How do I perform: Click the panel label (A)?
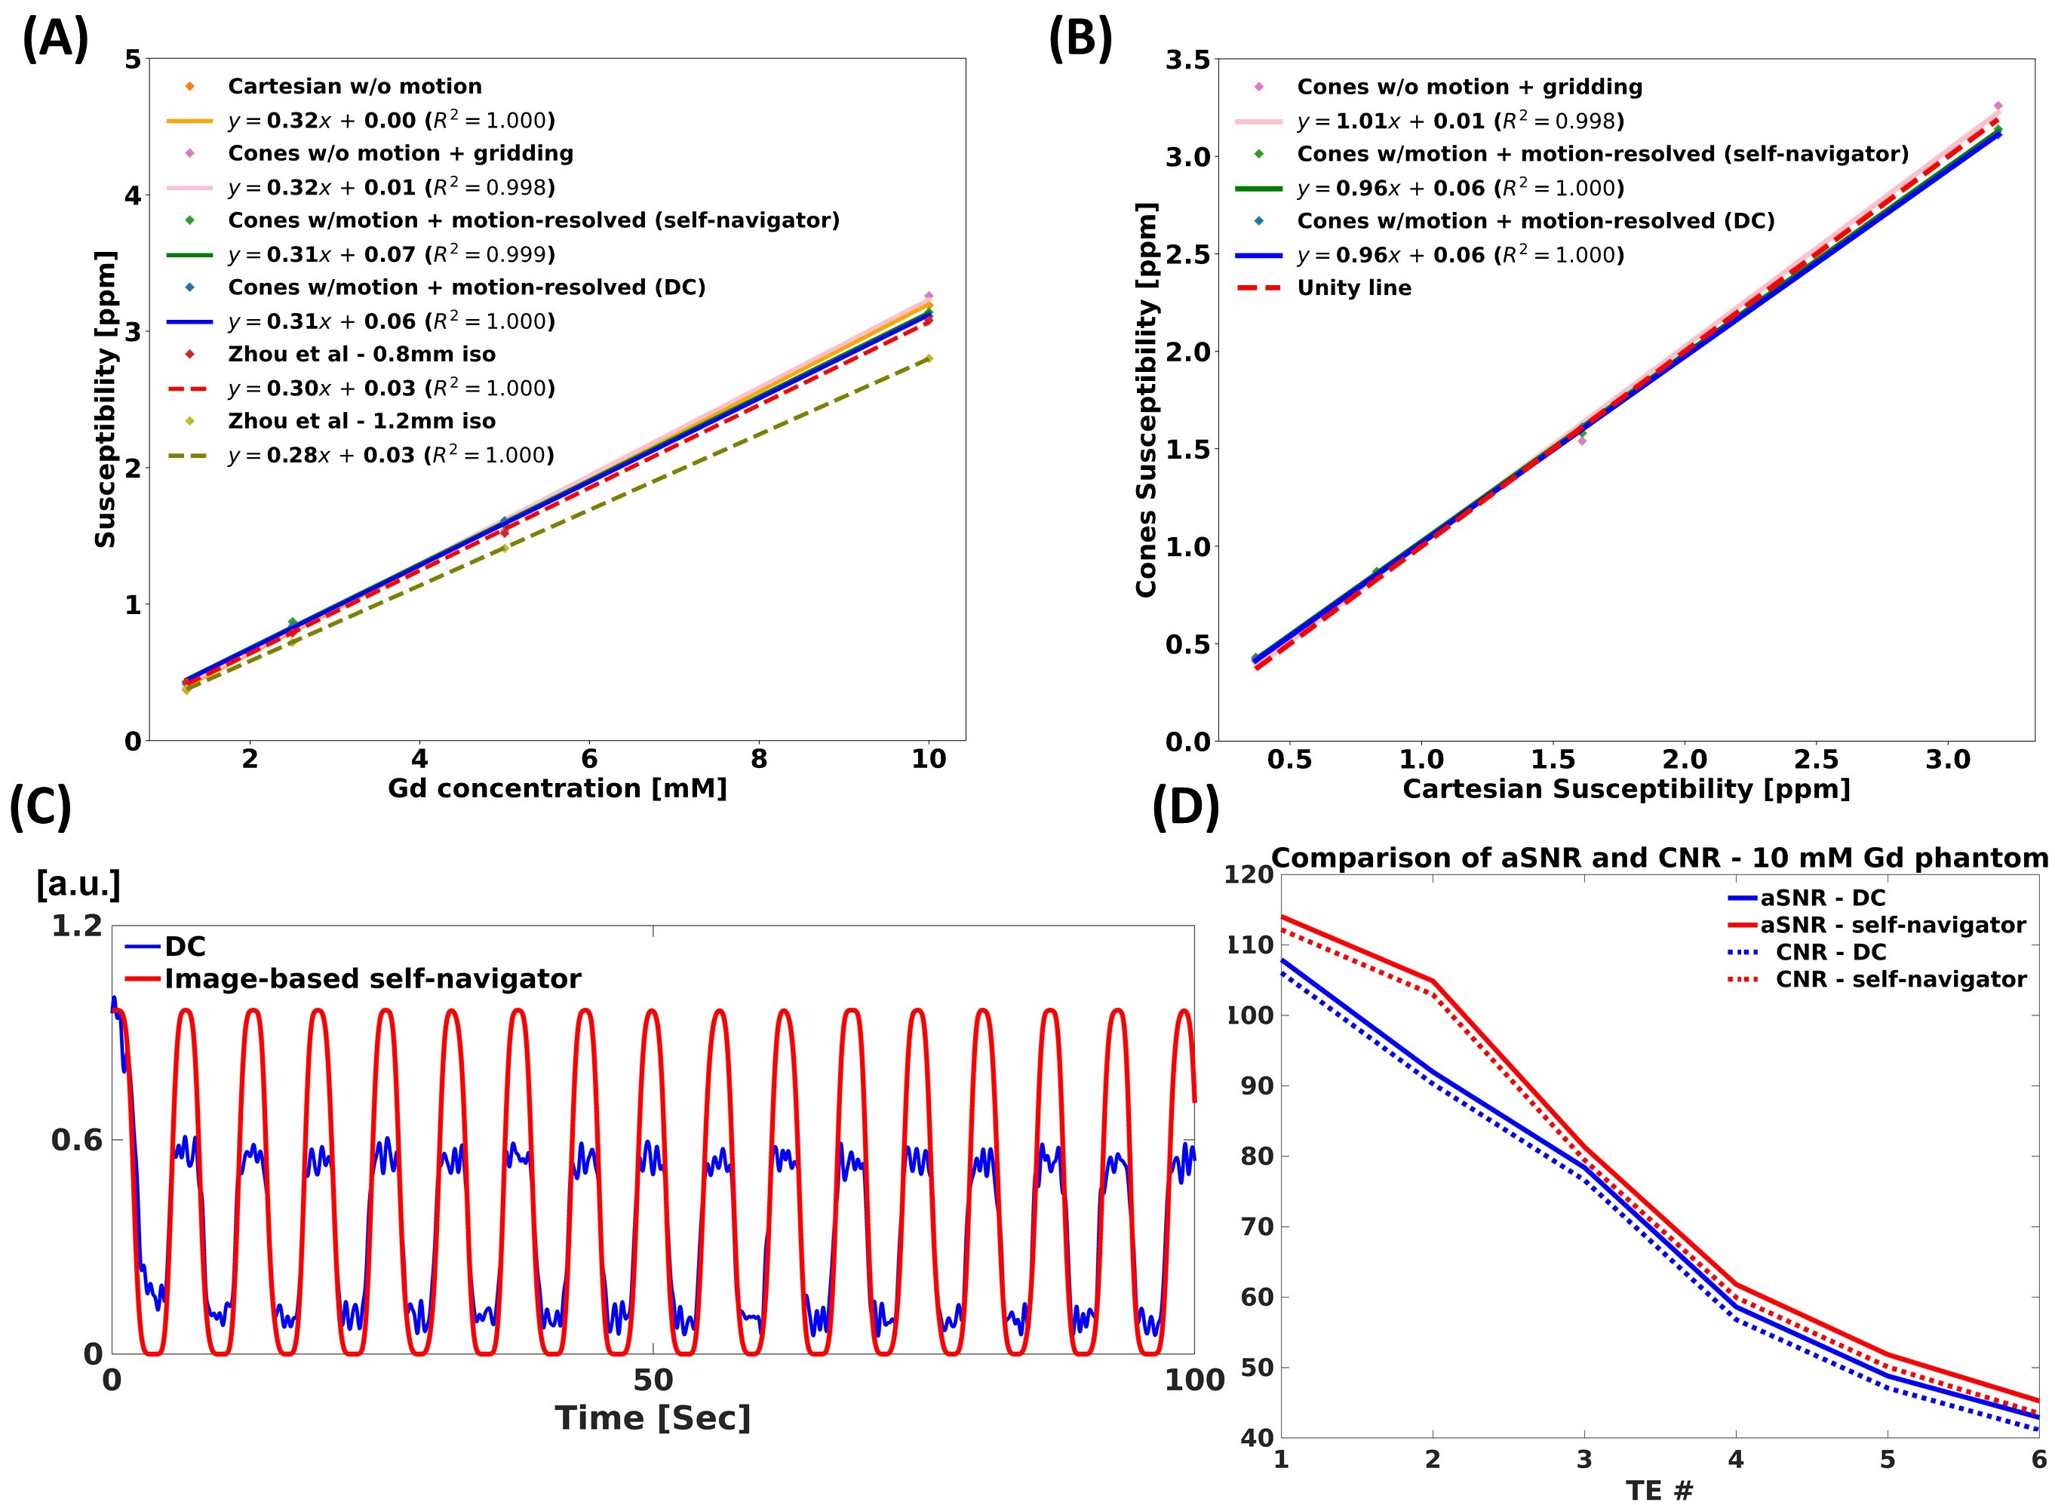[54, 40]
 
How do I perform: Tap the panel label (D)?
[1185, 807]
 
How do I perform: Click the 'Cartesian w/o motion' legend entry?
[355, 87]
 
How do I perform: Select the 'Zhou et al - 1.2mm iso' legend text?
[361, 421]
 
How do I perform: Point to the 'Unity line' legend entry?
[1353, 288]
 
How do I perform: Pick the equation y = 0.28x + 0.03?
[391, 455]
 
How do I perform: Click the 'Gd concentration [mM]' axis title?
[557, 788]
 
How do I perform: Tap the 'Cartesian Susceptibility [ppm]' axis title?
[1626, 789]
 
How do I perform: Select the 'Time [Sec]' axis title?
[653, 1418]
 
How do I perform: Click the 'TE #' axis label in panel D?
[1659, 1491]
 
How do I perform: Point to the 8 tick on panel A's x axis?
[759, 759]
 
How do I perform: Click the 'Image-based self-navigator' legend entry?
[372, 978]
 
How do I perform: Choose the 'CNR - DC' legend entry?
[1830, 952]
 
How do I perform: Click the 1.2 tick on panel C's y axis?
[76, 926]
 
